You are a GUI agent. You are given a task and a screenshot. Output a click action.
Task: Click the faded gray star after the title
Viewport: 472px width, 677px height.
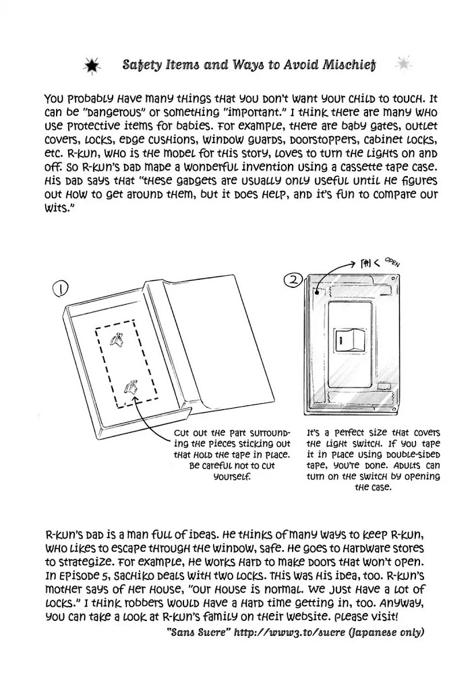point(403,65)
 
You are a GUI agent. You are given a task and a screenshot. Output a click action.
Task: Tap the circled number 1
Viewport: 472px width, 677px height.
point(60,289)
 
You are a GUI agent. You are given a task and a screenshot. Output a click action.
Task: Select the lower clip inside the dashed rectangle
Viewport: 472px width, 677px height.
point(131,387)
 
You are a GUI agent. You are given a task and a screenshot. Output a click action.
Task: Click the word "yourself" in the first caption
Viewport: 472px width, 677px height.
point(231,476)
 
